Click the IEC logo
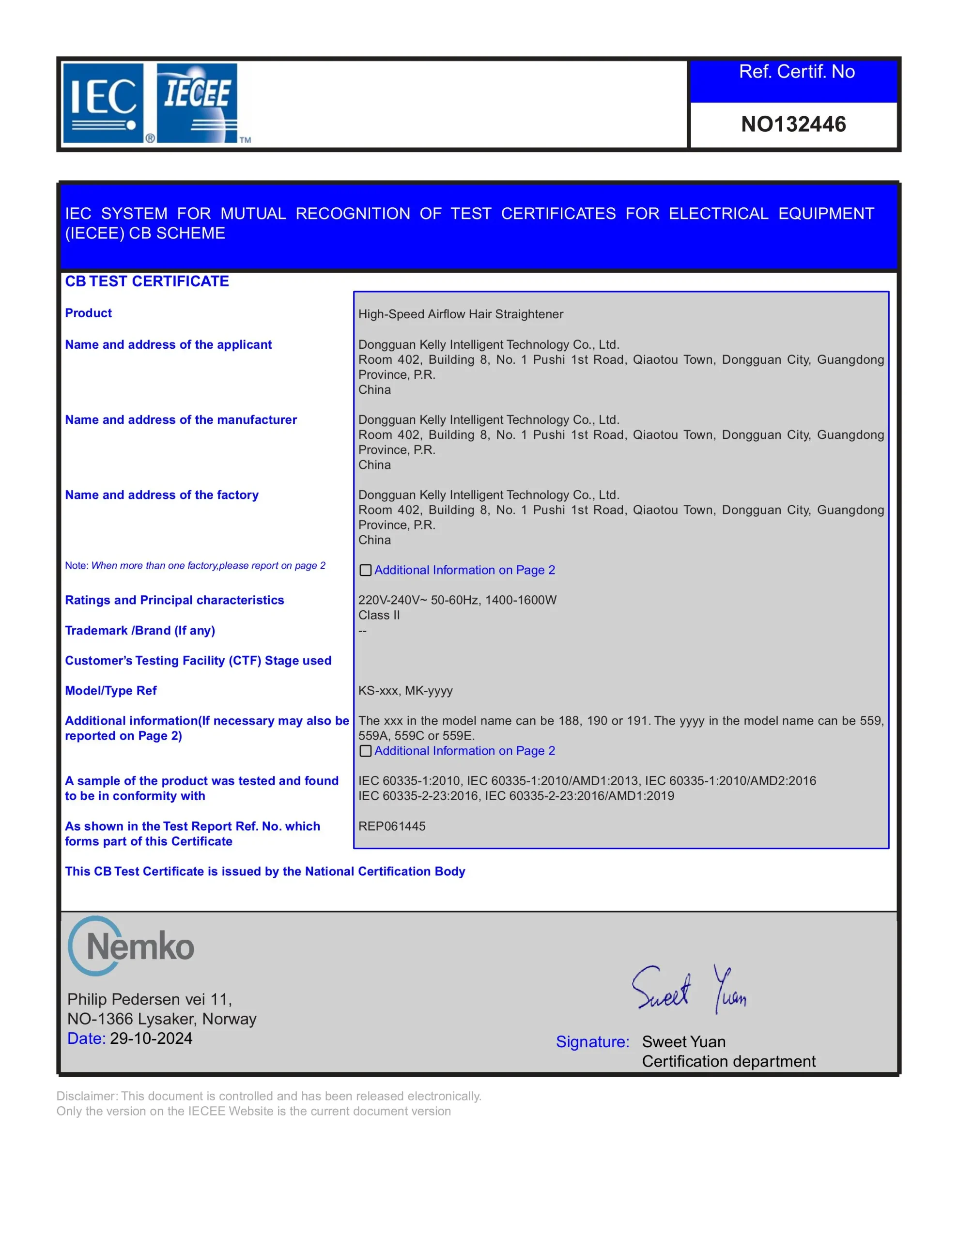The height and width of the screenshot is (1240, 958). click(103, 103)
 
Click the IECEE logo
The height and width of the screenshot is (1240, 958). click(197, 103)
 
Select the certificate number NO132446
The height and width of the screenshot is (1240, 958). click(793, 124)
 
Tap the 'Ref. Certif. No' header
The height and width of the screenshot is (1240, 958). click(796, 72)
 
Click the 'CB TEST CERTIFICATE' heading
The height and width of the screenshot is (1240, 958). click(147, 281)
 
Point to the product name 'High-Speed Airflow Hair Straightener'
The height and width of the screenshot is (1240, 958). click(461, 314)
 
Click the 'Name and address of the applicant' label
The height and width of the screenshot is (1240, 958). click(168, 345)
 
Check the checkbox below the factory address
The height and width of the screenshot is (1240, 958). click(366, 570)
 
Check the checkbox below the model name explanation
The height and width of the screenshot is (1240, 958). click(366, 751)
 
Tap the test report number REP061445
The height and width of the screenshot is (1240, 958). click(392, 826)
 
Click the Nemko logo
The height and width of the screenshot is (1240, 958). click(132, 946)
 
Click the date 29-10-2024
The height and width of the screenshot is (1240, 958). click(151, 1038)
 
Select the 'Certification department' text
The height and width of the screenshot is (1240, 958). click(728, 1061)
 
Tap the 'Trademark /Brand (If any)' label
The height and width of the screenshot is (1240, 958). click(139, 630)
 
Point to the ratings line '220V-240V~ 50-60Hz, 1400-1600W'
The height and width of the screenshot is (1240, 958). click(457, 600)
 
